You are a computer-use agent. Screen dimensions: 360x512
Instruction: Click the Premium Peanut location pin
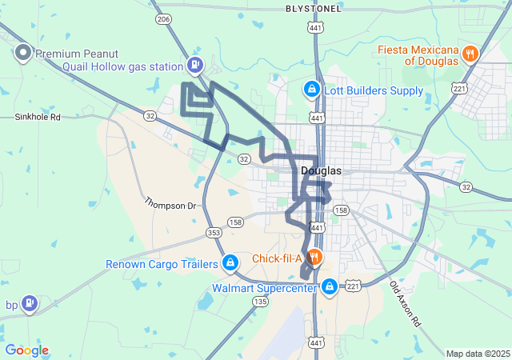(x=23, y=54)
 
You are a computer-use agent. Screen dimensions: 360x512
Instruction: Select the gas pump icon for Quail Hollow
(x=194, y=65)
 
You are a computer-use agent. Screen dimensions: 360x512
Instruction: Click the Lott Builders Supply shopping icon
(x=310, y=89)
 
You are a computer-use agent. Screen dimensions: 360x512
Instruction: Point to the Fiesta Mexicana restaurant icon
(x=470, y=54)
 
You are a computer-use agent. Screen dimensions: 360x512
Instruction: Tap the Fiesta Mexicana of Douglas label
(x=419, y=54)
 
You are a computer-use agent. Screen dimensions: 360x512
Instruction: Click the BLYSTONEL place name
(x=314, y=8)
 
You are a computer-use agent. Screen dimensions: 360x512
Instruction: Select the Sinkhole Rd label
(x=38, y=117)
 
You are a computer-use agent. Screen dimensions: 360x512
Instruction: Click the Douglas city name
(x=322, y=171)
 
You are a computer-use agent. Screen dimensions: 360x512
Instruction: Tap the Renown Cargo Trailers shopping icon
(x=230, y=262)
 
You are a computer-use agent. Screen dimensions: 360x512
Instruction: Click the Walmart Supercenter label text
(x=264, y=287)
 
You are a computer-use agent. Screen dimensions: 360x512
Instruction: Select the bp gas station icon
(x=30, y=303)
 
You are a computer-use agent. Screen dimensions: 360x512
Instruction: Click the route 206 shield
(x=164, y=18)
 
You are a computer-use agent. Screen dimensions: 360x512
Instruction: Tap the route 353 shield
(x=213, y=233)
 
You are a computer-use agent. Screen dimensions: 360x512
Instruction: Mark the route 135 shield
(x=260, y=302)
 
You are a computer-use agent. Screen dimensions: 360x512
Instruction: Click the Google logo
(x=26, y=350)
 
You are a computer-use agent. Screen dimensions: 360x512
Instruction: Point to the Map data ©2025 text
(x=477, y=354)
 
